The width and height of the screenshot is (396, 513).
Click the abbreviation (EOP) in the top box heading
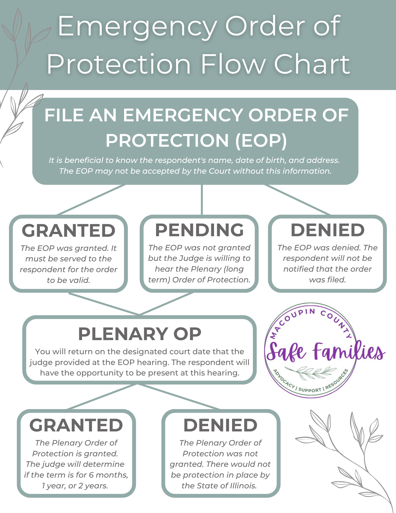(261, 141)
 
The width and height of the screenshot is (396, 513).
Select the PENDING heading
(199, 230)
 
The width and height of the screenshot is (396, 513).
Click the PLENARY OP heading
(140, 334)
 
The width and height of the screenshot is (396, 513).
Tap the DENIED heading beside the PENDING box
(328, 230)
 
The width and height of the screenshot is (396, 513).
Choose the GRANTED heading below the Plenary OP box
(76, 425)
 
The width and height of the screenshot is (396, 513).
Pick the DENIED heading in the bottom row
(220, 425)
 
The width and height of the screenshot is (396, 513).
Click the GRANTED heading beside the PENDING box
(68, 230)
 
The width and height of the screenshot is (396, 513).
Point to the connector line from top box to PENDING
(202, 200)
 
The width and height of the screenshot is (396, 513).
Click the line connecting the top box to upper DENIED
(297, 200)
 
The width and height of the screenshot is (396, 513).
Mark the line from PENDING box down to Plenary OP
(166, 303)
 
